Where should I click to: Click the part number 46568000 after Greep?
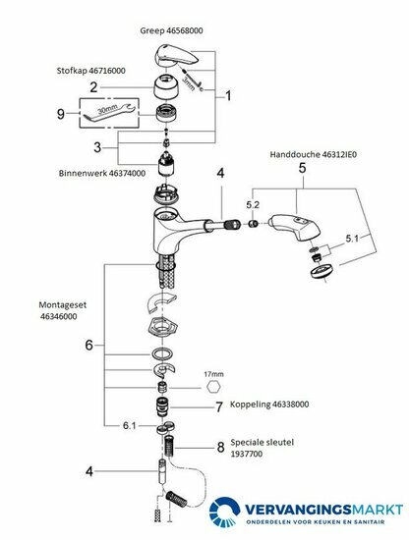tap(185, 30)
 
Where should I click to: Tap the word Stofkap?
tap(72, 71)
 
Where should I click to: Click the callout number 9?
tap(61, 114)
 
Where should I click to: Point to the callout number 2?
tap(93, 87)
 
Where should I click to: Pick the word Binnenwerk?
tap(83, 173)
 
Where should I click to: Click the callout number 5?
tap(302, 168)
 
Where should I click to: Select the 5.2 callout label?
tap(253, 205)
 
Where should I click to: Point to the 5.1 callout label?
tap(352, 239)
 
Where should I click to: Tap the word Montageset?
tap(62, 305)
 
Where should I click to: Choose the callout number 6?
tap(88, 345)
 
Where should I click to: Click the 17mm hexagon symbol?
tap(213, 387)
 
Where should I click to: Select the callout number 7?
tap(219, 407)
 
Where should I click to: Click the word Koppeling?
tap(250, 404)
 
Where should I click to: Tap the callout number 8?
tap(220, 448)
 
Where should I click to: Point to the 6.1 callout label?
tap(130, 426)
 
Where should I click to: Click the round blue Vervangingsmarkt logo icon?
tap(224, 512)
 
